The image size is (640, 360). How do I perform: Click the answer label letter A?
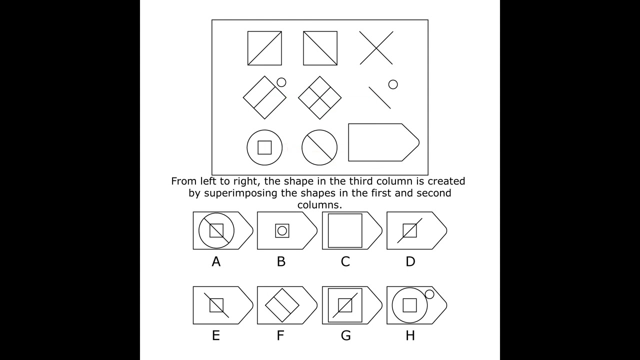[216, 261]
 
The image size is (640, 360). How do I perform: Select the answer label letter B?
[281, 261]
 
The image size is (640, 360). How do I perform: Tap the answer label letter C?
[345, 261]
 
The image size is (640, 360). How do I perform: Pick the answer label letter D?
[410, 261]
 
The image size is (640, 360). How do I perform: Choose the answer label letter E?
[216, 335]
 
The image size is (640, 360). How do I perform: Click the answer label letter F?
[280, 335]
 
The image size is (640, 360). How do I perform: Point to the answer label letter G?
[345, 335]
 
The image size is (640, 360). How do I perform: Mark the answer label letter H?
[410, 335]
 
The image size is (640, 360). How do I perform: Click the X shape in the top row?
[376, 48]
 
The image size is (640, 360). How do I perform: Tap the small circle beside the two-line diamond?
[281, 82]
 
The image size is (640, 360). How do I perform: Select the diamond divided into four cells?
[320, 97]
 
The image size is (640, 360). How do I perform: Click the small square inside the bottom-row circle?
[264, 147]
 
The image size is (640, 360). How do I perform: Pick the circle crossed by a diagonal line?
[319, 147]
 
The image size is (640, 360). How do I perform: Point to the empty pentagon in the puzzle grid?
[383, 142]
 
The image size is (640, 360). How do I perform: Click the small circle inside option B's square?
[282, 230]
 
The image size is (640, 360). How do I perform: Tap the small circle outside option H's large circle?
[429, 294]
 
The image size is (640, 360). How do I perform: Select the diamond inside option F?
[282, 304]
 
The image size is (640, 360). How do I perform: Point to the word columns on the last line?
[319, 204]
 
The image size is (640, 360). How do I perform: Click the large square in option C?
[345, 230]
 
